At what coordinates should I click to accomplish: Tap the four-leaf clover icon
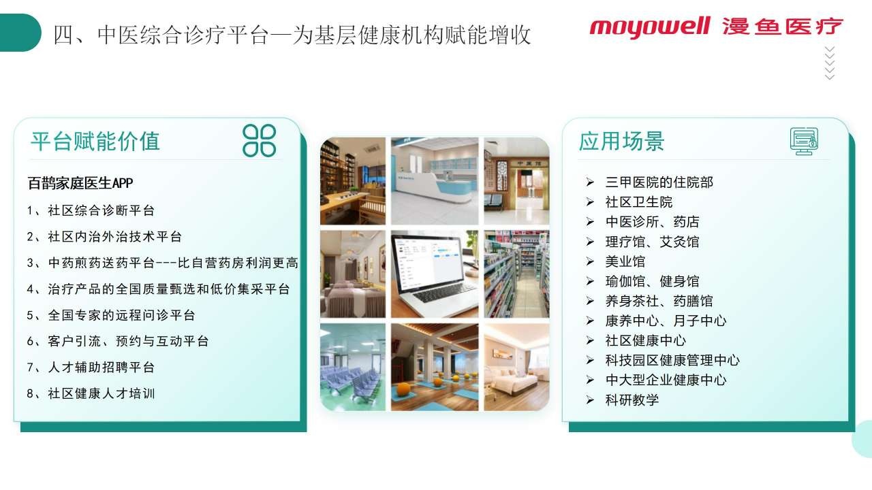[x=259, y=140]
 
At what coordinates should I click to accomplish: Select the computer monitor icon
[x=804, y=141]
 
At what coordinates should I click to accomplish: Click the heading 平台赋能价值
[x=95, y=141]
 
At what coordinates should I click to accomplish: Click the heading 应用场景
[x=621, y=141]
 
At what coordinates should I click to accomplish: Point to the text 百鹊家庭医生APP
[x=80, y=183]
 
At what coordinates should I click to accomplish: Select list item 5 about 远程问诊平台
[x=111, y=315]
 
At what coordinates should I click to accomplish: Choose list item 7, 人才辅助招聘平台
[x=91, y=367]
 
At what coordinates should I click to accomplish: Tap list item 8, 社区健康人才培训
[x=91, y=393]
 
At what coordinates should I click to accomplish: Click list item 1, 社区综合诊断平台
[x=91, y=210]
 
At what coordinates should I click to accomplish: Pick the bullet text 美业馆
[x=625, y=261]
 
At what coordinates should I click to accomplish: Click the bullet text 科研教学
[x=632, y=399]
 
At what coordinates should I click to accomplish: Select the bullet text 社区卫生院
[x=639, y=202]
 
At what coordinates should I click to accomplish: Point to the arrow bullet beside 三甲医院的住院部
[x=590, y=182]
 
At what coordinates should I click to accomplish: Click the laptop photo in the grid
[x=435, y=274]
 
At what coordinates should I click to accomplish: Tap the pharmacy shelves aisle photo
[x=516, y=274]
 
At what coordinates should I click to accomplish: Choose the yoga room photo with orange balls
[x=435, y=367]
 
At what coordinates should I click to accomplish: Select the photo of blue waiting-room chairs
[x=353, y=367]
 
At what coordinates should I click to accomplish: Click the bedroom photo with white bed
[x=516, y=367]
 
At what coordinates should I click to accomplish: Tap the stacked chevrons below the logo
[x=830, y=63]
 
